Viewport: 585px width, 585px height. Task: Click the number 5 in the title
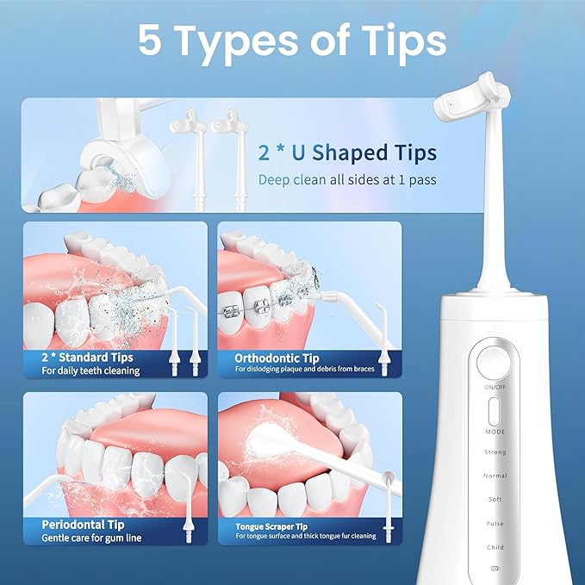150,40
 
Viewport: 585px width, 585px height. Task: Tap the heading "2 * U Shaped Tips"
347,153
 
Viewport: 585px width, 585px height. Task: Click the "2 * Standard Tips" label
87,357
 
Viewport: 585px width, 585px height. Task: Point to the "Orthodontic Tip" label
277,358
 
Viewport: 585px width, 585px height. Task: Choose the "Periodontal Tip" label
83,524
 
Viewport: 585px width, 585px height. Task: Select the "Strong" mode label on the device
495,452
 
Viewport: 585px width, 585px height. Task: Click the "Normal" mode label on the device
495,476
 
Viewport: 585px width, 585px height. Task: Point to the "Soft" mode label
495,500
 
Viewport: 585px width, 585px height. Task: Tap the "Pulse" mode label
495,523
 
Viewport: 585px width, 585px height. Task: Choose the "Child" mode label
495,547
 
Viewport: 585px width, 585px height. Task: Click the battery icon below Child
495,569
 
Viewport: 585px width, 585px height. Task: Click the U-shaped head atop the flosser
470,108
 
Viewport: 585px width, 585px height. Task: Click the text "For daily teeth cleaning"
90,370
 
